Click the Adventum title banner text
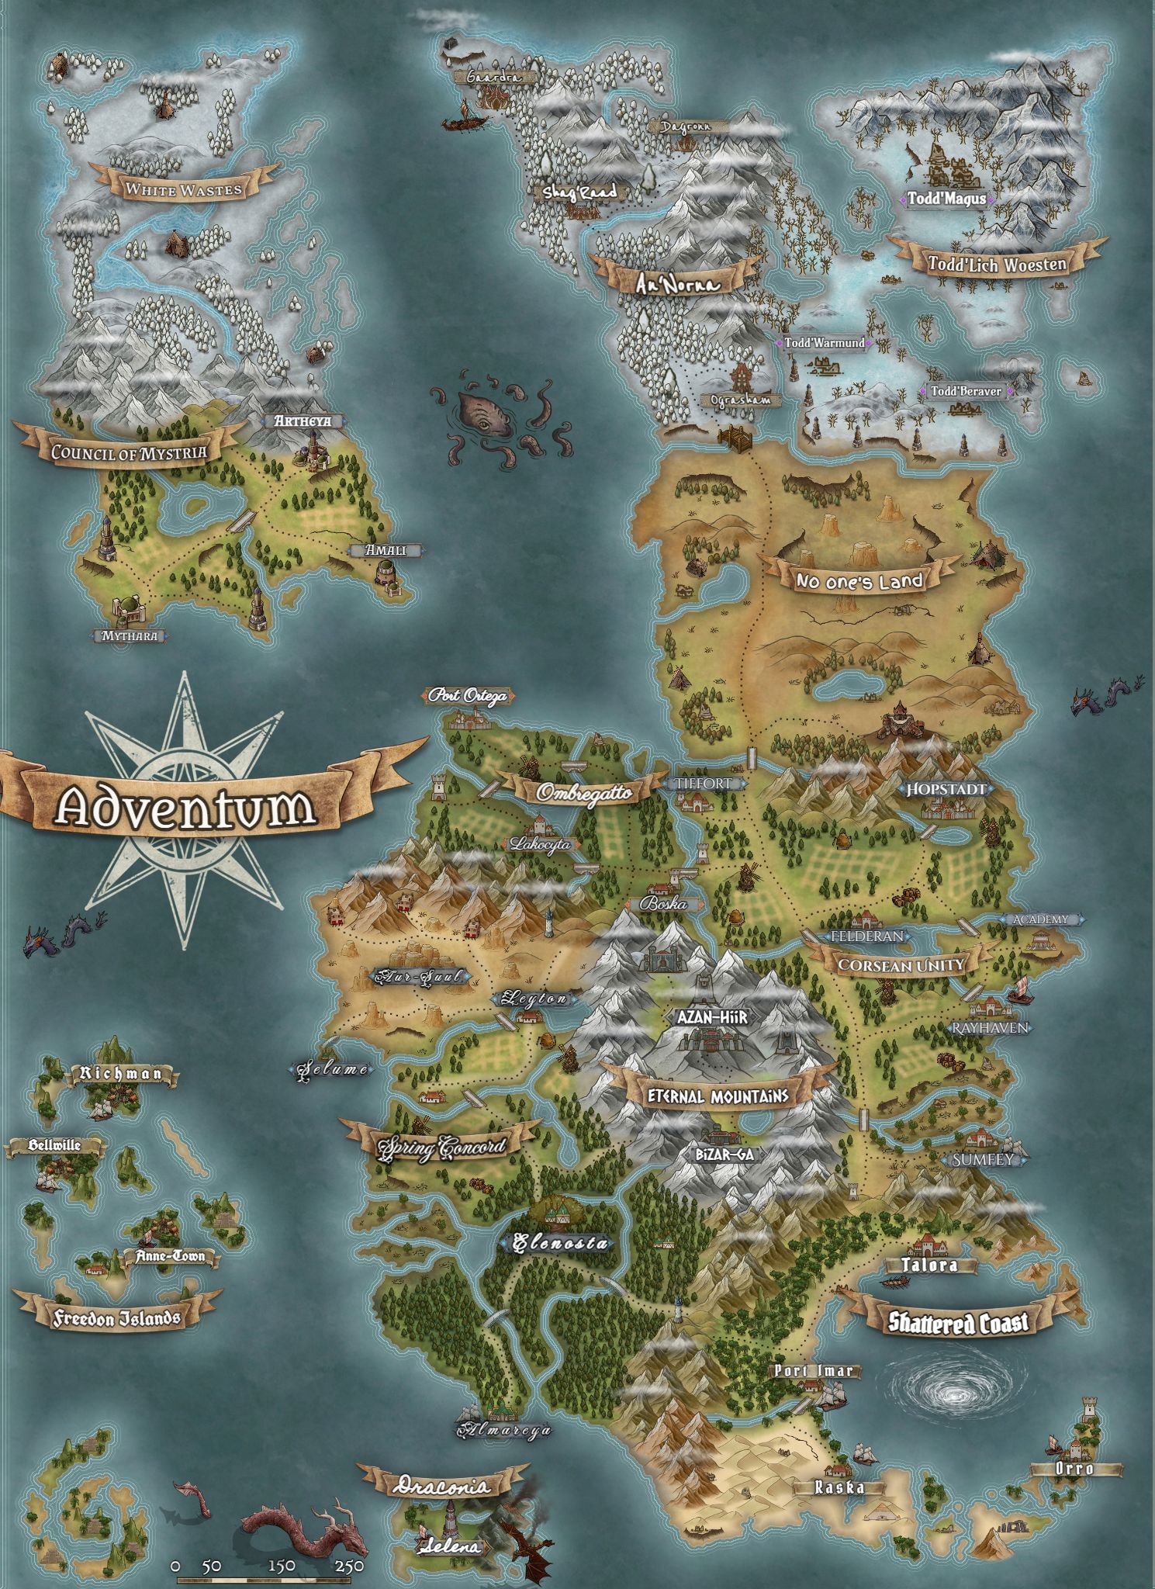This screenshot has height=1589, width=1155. (x=186, y=807)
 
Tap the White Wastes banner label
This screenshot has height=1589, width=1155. (x=184, y=189)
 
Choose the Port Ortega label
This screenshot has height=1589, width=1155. (x=468, y=696)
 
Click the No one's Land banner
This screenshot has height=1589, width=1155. (x=859, y=580)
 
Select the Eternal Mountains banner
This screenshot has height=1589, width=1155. (x=718, y=1096)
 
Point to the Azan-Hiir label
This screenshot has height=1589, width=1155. (x=713, y=1016)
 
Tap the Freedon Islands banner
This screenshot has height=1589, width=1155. (x=117, y=1317)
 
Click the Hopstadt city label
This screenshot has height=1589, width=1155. (x=946, y=789)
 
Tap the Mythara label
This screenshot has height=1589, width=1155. (x=130, y=635)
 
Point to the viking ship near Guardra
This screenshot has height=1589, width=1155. (x=464, y=120)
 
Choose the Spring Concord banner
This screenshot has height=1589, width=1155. (x=441, y=1147)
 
